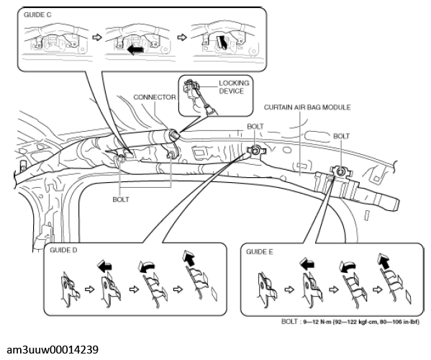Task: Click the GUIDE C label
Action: tap(37, 14)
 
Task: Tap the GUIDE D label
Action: tap(63, 250)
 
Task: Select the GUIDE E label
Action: tap(260, 252)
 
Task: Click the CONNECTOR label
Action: tap(155, 97)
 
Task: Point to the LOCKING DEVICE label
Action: tap(234, 87)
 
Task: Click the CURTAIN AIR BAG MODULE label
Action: tap(307, 107)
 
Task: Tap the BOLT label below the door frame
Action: tap(121, 199)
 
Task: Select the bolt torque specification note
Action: tap(350, 322)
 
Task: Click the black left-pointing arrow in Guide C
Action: tap(135, 50)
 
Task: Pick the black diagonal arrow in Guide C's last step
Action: tap(222, 42)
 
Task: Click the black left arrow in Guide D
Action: tap(104, 266)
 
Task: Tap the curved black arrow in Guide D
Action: tap(147, 266)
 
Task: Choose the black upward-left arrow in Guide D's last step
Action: tap(189, 258)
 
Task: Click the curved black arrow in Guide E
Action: tap(348, 266)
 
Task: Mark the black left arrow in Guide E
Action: tap(307, 264)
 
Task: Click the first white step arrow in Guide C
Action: tap(96, 37)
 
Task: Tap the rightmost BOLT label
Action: tap(341, 136)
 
